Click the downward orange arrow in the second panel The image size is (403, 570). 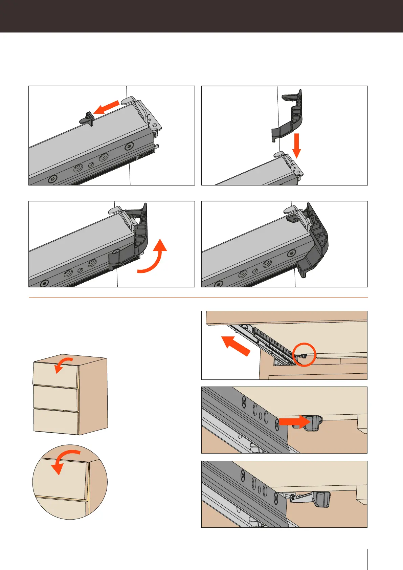pos(297,145)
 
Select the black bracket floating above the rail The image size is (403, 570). pos(289,115)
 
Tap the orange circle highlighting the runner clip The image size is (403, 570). pos(304,354)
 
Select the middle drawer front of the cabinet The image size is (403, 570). pos(56,399)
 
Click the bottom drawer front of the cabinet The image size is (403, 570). pos(56,421)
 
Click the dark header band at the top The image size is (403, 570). pos(201,16)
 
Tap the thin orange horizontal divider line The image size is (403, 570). pos(198,298)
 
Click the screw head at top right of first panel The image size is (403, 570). pos(130,147)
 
